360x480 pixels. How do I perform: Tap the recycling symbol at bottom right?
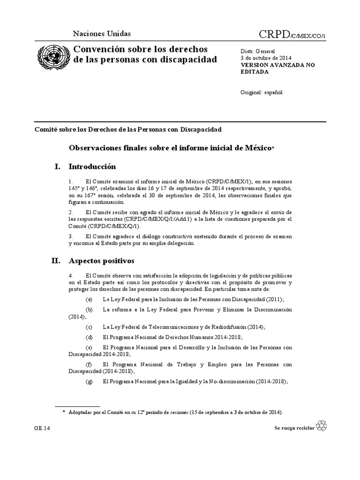(322, 426)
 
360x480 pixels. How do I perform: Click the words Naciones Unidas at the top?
(102, 33)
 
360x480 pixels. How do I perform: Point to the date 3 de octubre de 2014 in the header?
(263, 58)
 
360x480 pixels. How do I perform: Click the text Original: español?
(262, 92)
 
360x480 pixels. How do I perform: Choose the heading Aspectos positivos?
(101, 260)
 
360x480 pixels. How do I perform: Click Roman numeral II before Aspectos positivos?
(57, 260)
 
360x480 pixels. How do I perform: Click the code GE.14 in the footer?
(42, 428)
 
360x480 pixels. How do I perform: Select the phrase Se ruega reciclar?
(294, 428)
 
